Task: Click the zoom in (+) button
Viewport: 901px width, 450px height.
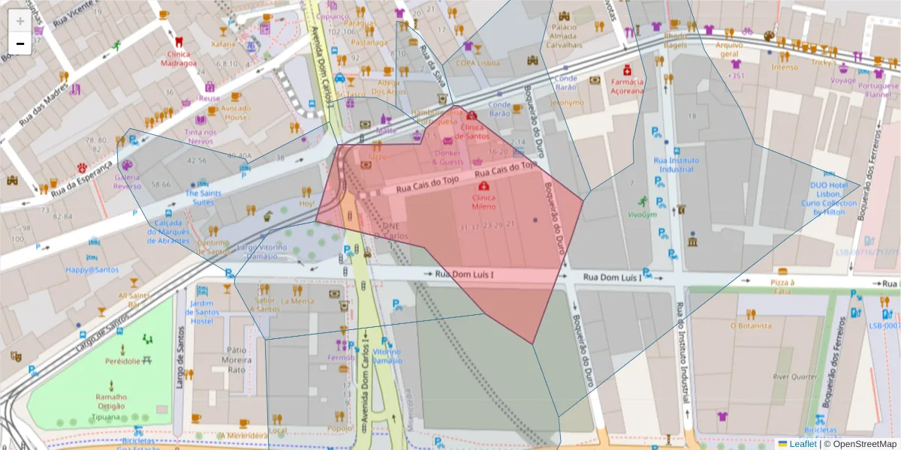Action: tap(20, 21)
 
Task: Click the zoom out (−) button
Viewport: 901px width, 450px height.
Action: tap(20, 43)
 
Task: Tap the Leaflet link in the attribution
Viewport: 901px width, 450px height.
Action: tap(803, 443)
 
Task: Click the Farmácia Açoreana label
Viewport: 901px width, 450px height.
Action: tap(627, 86)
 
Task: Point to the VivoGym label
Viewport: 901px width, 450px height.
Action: tap(643, 214)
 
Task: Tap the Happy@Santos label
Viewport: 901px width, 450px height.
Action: tap(92, 269)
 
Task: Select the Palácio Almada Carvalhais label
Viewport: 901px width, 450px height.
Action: tap(563, 36)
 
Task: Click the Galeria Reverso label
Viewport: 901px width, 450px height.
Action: tap(128, 181)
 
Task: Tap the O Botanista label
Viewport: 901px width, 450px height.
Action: tap(751, 325)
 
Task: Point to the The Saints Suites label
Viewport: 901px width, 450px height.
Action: tap(200, 197)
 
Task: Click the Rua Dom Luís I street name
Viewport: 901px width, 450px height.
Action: tap(464, 275)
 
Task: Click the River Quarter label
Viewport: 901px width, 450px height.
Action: tap(794, 376)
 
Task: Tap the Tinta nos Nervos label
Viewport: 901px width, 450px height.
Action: tap(201, 136)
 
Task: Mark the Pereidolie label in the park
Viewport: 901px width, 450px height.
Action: tap(122, 361)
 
